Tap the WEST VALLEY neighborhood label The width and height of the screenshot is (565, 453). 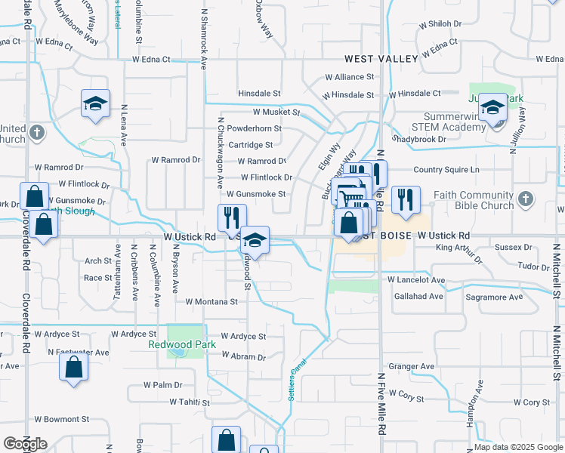tap(381, 58)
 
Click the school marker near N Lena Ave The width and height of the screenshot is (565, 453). tap(96, 106)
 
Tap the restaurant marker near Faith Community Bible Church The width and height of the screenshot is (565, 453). tap(406, 201)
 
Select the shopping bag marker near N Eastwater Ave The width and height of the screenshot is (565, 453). tap(74, 368)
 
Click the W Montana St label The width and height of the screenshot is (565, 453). tap(211, 301)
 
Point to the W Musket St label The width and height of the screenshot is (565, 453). tap(276, 112)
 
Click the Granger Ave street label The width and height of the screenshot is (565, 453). tap(412, 366)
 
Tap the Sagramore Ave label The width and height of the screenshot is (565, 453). tap(494, 297)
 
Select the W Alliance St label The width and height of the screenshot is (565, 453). tap(350, 77)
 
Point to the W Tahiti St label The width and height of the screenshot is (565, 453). tap(190, 402)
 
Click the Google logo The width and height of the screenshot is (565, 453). tap(25, 444)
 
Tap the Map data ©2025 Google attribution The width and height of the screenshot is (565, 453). tap(517, 447)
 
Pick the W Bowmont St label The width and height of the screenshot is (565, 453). tap(62, 418)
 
